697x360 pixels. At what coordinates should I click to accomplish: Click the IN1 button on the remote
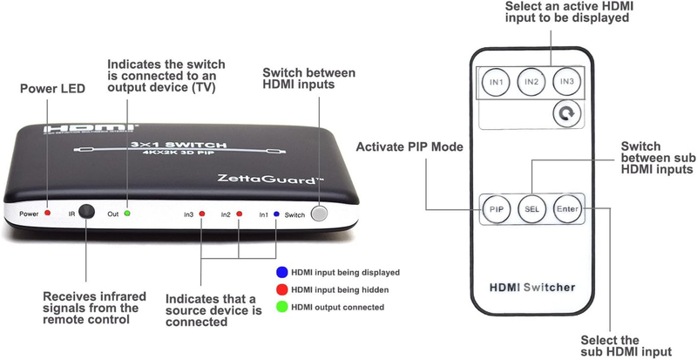tap(496, 82)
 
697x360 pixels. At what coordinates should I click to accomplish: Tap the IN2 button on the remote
tap(531, 82)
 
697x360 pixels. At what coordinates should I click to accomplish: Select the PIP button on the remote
tap(497, 208)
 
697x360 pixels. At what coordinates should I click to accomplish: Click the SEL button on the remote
tap(532, 208)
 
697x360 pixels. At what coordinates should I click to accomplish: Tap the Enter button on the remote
tap(568, 208)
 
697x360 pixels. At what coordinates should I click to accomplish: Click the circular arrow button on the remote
tap(567, 114)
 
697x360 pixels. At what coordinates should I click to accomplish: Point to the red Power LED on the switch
tap(48, 214)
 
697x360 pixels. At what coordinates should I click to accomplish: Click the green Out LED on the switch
tap(127, 214)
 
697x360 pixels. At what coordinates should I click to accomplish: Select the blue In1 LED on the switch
tap(276, 214)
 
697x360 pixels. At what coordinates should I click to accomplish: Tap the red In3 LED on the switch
tap(202, 214)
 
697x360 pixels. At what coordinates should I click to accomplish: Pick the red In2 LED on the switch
tap(239, 214)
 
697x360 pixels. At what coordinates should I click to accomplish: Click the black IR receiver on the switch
tap(86, 211)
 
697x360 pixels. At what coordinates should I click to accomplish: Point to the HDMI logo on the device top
tap(91, 129)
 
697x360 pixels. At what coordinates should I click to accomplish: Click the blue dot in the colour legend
tap(281, 272)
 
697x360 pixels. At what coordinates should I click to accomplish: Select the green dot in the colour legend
tap(281, 307)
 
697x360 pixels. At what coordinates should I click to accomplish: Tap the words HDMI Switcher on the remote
tap(532, 288)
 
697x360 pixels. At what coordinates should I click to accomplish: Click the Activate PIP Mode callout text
tap(409, 146)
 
